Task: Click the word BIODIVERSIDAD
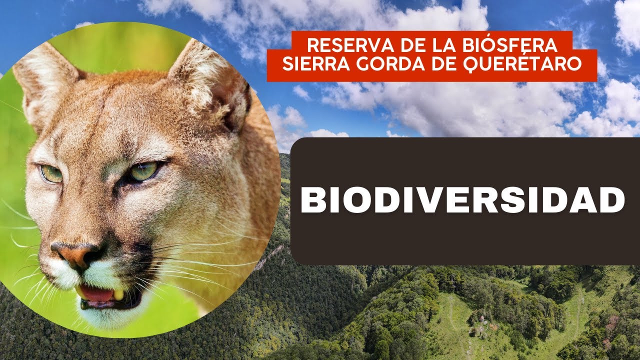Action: tap(462, 200)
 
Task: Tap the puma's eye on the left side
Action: tap(51, 173)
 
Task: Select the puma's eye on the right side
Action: tap(144, 171)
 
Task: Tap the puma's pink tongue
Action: tap(96, 294)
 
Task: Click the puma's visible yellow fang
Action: tap(118, 295)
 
